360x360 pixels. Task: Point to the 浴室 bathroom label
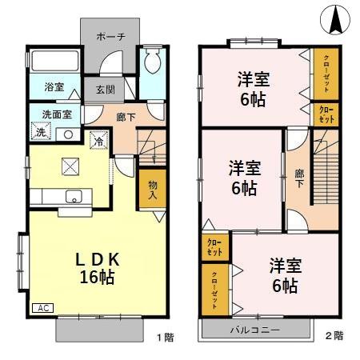54,86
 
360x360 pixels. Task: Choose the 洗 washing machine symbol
39,132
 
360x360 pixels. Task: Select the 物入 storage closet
152,190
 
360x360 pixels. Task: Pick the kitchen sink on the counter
74,197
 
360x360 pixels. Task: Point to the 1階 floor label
163,337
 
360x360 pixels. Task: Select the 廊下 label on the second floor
298,177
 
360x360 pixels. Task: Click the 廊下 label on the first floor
126,117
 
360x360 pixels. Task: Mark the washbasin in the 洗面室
68,134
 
